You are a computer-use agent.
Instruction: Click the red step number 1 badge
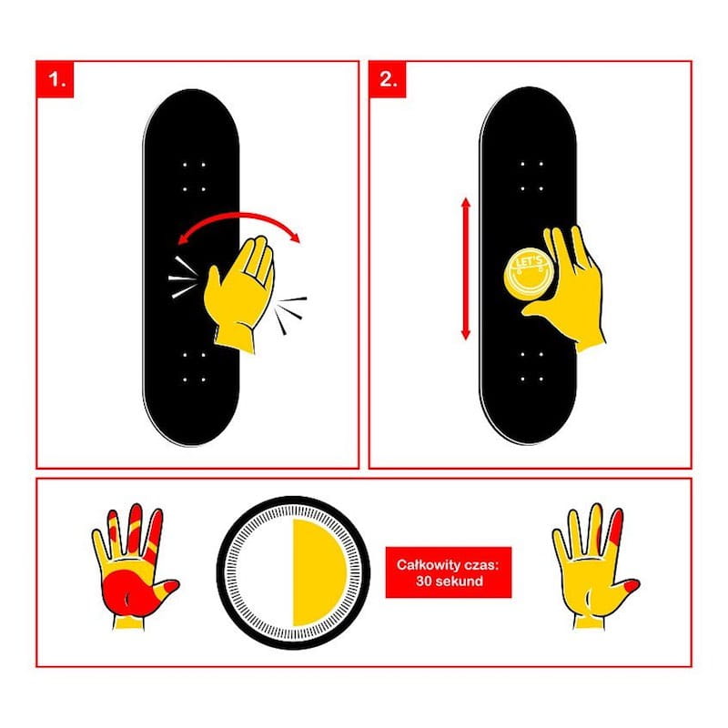[x=55, y=79]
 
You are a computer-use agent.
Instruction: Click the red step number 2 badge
[x=388, y=79]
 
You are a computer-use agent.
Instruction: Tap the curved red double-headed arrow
[x=239, y=215]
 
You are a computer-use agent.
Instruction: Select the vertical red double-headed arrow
[x=466, y=268]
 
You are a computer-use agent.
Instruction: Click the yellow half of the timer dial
[x=318, y=572]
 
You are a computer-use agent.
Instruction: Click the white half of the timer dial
[x=266, y=572]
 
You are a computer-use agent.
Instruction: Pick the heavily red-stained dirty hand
[x=132, y=567]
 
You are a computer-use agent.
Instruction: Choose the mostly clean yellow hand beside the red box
[x=595, y=566]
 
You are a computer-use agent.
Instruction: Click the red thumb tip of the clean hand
[x=632, y=585]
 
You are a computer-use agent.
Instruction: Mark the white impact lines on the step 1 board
[x=183, y=278]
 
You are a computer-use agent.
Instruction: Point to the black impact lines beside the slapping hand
[x=290, y=313]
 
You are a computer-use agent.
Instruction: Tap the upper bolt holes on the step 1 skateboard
[x=194, y=177]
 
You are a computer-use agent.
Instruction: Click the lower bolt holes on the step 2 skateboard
[x=531, y=367]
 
